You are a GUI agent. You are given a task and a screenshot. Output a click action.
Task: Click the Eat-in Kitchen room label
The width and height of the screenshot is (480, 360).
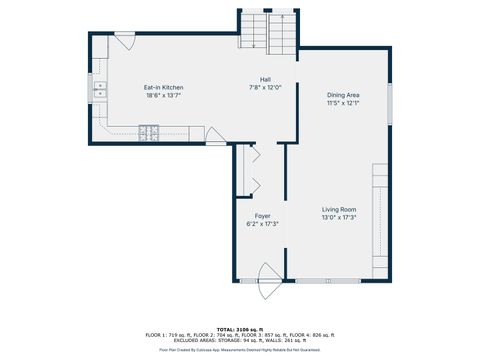(163, 88)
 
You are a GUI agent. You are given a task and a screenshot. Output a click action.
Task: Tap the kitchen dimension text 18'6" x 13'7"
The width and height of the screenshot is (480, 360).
(163, 96)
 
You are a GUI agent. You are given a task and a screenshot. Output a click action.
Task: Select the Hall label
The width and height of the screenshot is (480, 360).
(265, 79)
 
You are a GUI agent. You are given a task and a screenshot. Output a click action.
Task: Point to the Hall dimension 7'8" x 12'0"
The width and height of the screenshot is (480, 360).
(265, 87)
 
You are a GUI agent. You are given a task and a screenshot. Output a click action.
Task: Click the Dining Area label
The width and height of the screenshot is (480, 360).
(341, 95)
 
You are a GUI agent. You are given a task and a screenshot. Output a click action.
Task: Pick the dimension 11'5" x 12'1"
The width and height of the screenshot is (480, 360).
(341, 103)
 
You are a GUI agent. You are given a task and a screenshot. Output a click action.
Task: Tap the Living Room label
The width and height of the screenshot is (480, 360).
(339, 209)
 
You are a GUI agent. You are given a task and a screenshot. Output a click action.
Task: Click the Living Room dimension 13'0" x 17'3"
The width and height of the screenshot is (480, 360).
(339, 217)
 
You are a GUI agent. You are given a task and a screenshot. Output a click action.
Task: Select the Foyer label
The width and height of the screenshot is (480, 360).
(262, 215)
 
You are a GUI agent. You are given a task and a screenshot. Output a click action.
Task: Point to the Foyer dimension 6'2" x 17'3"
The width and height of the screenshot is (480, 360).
(262, 223)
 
